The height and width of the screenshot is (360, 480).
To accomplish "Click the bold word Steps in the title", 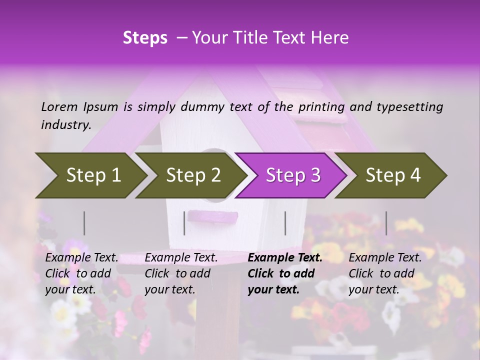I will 145,38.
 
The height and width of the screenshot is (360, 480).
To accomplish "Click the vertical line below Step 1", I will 84,223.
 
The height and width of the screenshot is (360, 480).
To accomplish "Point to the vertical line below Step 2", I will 184,223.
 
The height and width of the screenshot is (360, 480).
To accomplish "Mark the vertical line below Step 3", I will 285,223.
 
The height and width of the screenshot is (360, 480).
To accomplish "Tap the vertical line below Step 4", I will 386,223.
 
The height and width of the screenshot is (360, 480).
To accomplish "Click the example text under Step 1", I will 81,273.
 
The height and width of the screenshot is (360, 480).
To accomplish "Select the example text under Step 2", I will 181,273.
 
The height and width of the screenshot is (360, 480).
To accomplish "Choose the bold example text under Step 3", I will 285,273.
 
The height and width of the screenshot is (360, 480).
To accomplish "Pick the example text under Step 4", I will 385,273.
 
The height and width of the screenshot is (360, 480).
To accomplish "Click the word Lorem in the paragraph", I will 59,106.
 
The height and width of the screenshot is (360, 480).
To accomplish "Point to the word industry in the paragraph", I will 66,125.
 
